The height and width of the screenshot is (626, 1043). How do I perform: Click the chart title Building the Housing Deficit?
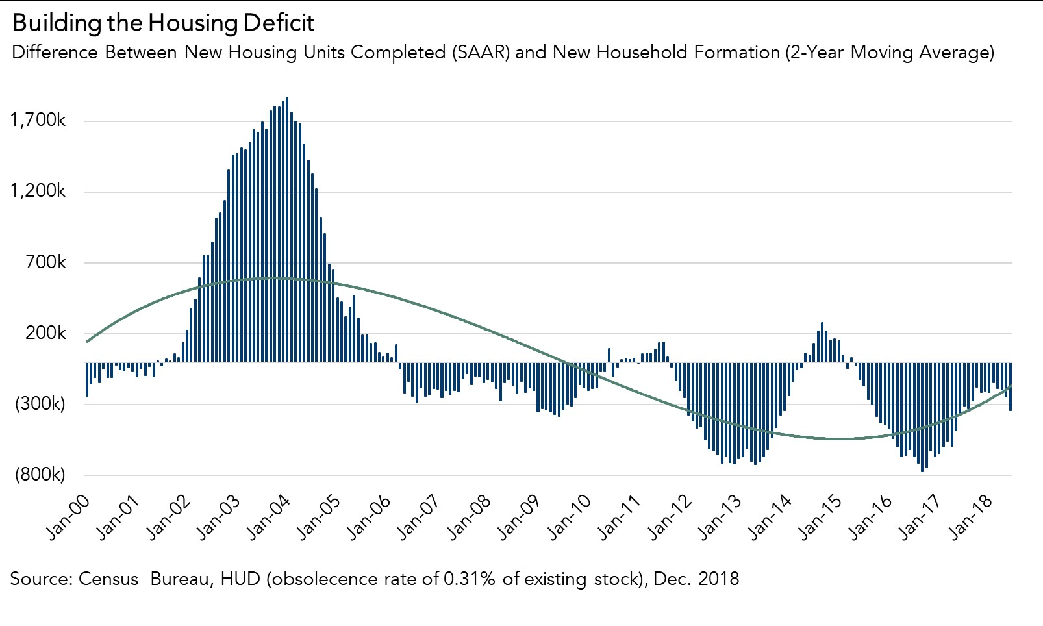click(163, 23)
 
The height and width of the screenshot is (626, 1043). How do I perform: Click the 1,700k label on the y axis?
click(38, 120)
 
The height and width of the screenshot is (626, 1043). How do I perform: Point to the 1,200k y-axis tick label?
click(38, 191)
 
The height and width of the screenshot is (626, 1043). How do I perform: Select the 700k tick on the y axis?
click(45, 262)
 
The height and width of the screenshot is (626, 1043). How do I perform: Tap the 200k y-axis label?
click(45, 333)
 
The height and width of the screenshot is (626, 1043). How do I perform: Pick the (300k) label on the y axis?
click(40, 404)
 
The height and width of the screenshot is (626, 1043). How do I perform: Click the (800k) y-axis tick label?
click(40, 475)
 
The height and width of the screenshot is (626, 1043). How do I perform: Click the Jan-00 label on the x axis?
click(68, 517)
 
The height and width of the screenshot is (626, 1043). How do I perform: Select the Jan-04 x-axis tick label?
click(268, 517)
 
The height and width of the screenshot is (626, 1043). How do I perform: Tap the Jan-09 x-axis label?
click(518, 517)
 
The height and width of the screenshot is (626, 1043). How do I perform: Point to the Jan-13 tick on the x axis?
click(719, 517)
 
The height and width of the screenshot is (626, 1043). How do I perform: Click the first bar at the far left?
click(87, 379)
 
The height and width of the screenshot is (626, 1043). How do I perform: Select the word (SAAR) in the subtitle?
click(481, 52)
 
